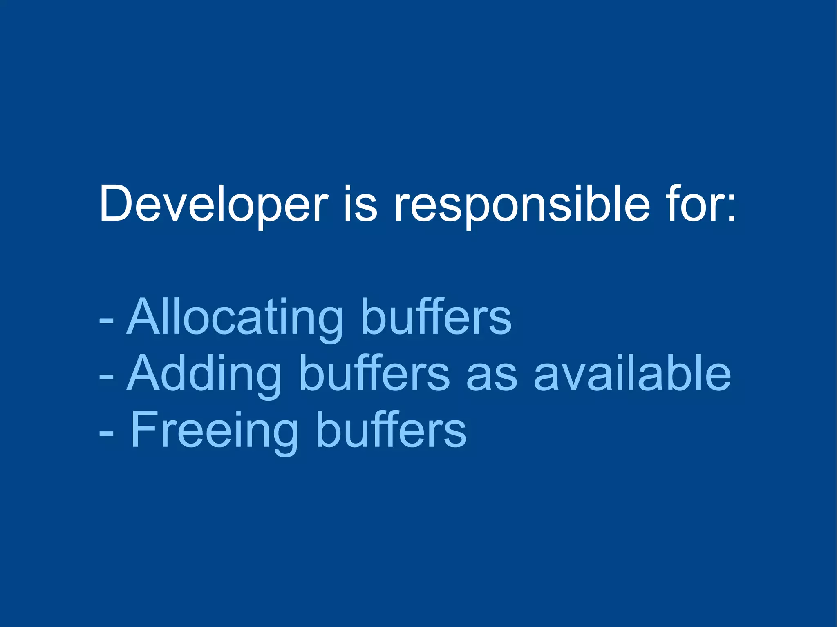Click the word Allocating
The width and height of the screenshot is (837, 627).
(x=235, y=317)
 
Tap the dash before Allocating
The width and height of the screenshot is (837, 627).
(x=106, y=320)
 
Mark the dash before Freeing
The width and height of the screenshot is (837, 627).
(x=106, y=434)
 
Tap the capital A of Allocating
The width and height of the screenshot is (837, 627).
(x=143, y=317)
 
